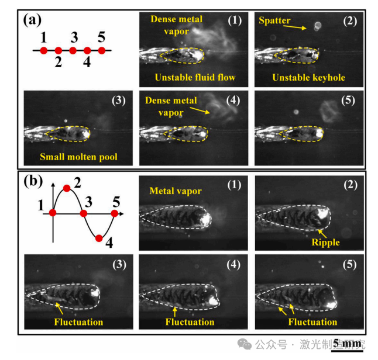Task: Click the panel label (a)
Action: (x=33, y=21)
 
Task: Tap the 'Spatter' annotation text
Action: (x=274, y=20)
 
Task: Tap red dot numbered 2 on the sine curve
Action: (x=67, y=188)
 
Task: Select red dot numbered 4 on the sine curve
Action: (x=99, y=238)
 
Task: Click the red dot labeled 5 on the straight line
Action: (x=102, y=51)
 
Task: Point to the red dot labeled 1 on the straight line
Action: (x=44, y=51)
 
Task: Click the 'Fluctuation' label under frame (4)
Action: (x=190, y=321)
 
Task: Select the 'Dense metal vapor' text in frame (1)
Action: (x=177, y=24)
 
